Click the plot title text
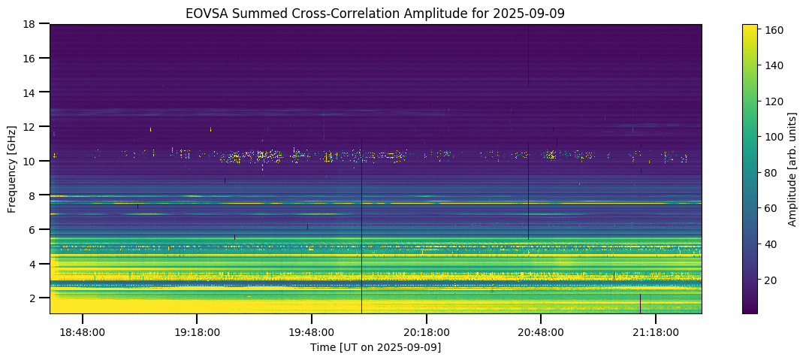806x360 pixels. pos(376,13)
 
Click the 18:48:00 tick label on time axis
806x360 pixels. pos(83,332)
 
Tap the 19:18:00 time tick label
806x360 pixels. pos(197,332)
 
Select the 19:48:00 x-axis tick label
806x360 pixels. pos(312,332)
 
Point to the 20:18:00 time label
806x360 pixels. pos(427,332)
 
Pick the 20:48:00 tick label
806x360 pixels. pos(541,332)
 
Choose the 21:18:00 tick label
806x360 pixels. pos(656,332)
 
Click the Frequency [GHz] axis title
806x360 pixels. pos(12,168)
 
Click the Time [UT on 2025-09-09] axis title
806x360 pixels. pos(376,347)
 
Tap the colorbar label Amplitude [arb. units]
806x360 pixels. pos(792,168)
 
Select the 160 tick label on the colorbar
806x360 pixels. pos(774,30)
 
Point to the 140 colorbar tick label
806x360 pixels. pos(774,66)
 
